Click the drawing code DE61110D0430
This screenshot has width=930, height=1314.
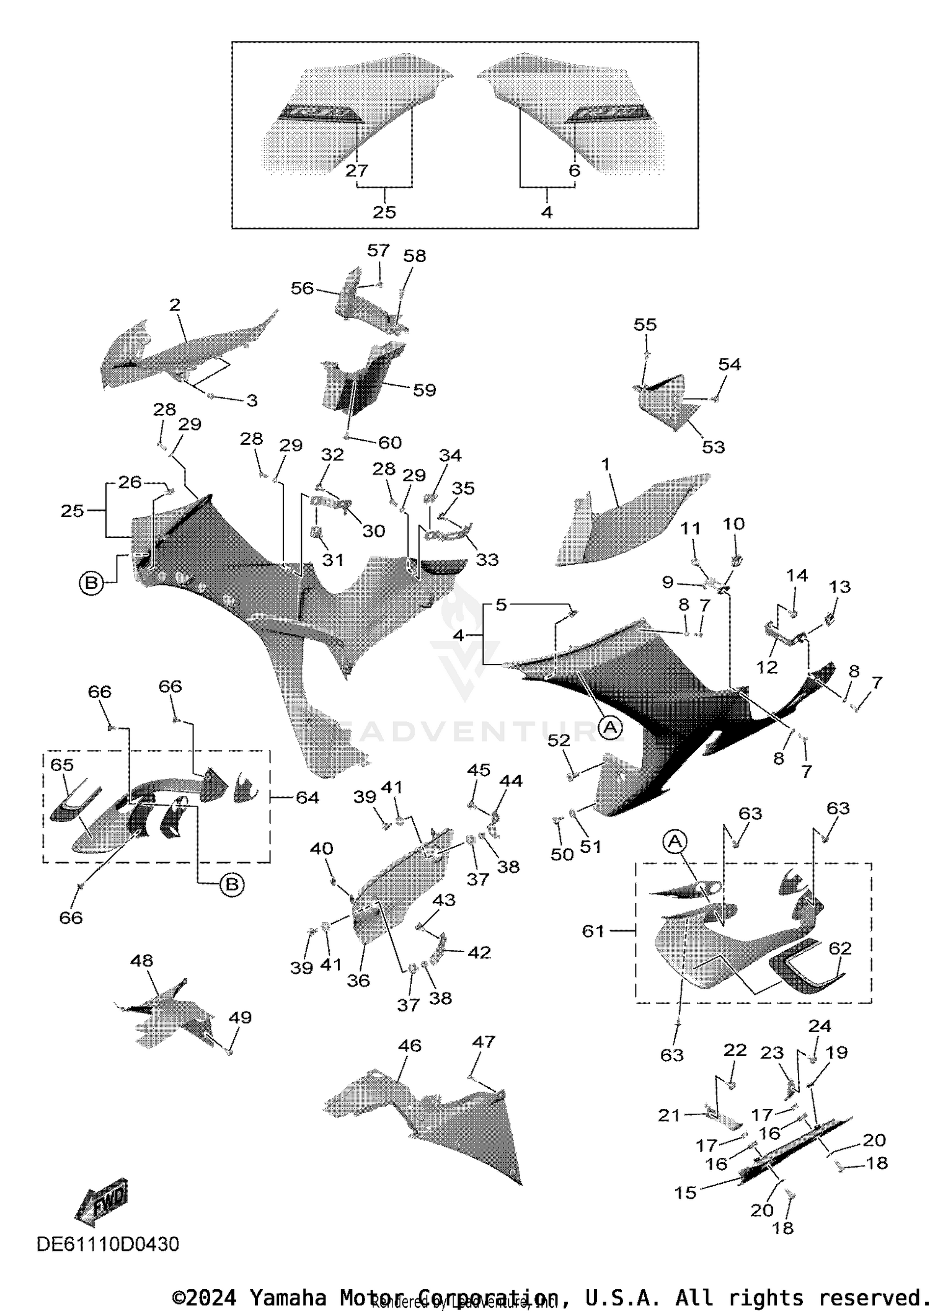pos(108,1244)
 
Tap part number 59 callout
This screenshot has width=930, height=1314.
pos(425,390)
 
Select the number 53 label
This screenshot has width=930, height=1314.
pos(713,447)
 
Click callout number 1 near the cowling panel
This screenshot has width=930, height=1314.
pos(606,464)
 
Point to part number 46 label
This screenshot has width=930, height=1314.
pos(410,1046)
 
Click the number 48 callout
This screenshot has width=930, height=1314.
pos(141,960)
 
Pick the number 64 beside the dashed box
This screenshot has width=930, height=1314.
pos(307,797)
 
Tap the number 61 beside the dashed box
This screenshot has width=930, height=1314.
pos(593,930)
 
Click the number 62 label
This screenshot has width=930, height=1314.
pos(840,948)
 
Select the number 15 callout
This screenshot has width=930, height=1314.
pos(686,1193)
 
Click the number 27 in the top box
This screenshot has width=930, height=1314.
pos(357,170)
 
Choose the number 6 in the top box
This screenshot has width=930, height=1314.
pos(574,170)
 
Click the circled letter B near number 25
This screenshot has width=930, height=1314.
pos(91,583)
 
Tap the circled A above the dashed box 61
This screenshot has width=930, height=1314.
pos(675,841)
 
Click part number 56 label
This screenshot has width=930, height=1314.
pos(303,288)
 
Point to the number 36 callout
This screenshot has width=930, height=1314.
pos(358,980)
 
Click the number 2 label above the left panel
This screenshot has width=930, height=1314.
pos(175,304)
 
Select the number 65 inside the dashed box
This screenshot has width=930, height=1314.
pos(62,765)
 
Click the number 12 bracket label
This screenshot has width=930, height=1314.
pos(767,667)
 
